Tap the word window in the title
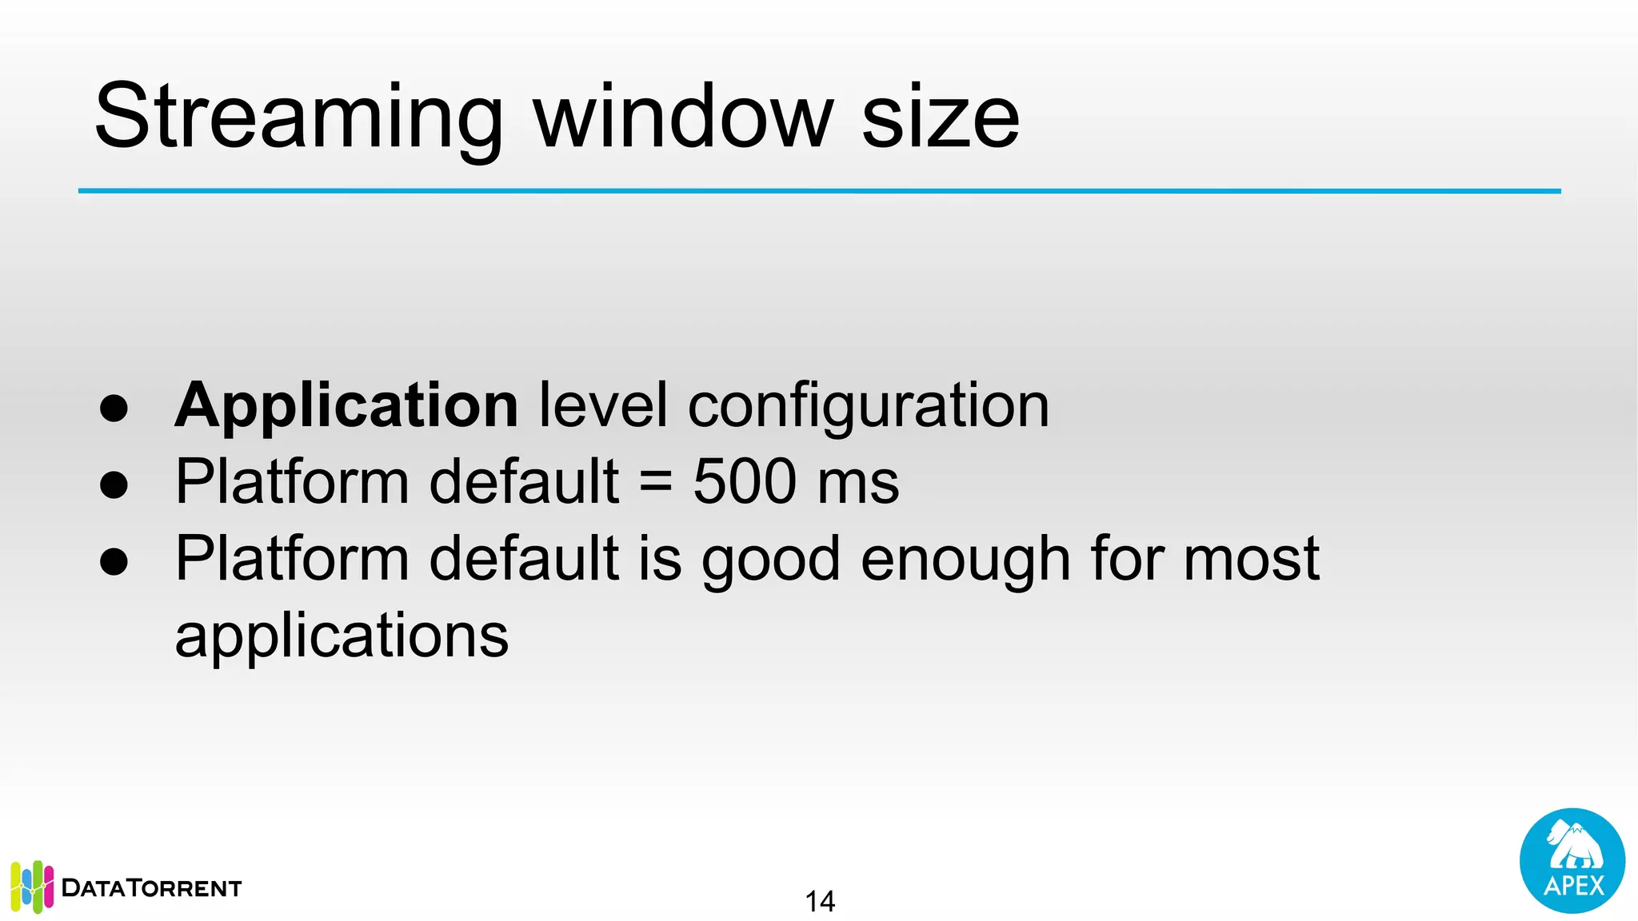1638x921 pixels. pyautogui.click(x=684, y=118)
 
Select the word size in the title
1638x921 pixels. pyautogui.click(x=940, y=118)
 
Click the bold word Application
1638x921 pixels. pyautogui.click(x=346, y=406)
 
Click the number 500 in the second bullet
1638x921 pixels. pyautogui.click(x=745, y=481)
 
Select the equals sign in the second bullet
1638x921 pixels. pyautogui.click(x=656, y=483)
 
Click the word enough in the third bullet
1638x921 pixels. pyautogui.click(x=965, y=559)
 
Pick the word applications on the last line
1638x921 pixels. pyautogui.click(x=342, y=636)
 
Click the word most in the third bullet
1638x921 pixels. pyautogui.click(x=1251, y=559)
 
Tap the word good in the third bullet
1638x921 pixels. pyautogui.click(x=770, y=559)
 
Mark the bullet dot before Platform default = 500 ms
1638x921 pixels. pyautogui.click(x=114, y=484)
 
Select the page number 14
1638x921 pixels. pyautogui.click(x=820, y=901)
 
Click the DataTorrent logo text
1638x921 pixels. pyautogui.click(x=151, y=888)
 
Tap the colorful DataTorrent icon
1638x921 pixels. pyautogui.click(x=32, y=887)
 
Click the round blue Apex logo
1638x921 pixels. pyautogui.click(x=1572, y=860)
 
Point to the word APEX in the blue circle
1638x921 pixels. pyautogui.click(x=1573, y=886)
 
